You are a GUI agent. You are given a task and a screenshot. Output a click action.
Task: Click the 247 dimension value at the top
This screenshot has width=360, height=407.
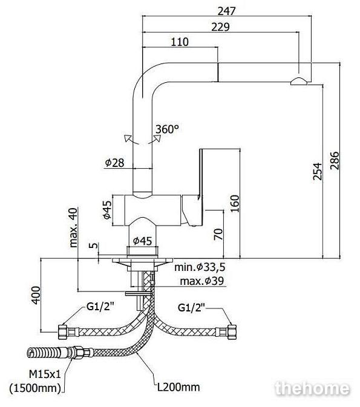tap(226, 11)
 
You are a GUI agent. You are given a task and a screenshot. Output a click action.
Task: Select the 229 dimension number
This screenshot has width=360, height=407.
tap(220, 27)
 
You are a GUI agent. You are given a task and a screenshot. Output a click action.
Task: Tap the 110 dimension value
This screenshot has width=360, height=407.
tap(180, 42)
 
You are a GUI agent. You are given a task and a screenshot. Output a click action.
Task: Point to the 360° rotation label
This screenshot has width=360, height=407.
tap(167, 129)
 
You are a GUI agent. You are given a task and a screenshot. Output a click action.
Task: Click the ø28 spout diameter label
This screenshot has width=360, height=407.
tap(114, 163)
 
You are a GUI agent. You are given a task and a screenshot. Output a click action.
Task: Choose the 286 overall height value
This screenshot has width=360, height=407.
tap(335, 160)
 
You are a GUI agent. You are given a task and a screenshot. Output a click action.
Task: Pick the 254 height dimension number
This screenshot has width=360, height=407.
tap(317, 172)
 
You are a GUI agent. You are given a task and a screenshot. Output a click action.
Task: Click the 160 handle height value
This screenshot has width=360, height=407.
tap(235, 203)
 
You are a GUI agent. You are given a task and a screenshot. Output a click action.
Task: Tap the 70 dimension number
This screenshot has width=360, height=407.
tap(218, 234)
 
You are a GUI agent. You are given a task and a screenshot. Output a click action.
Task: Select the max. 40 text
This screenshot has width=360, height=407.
tap(73, 227)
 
